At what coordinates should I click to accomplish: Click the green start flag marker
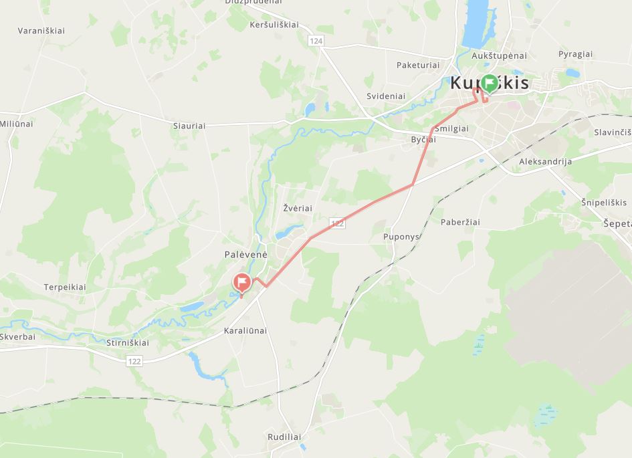coord(490,84)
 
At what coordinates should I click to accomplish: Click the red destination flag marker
coord(241,283)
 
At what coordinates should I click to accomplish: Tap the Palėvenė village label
coord(245,255)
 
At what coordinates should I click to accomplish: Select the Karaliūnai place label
coord(245,330)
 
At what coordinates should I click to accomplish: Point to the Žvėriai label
coord(298,208)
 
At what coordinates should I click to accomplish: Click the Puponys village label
coord(401,237)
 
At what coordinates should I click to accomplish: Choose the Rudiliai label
coord(284,437)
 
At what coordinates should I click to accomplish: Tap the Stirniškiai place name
coord(128,343)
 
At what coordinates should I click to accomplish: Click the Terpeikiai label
coord(65,287)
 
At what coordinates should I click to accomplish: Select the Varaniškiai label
coord(41,31)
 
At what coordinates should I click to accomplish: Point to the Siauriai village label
coord(189,125)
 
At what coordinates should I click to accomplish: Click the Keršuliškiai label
coord(274,25)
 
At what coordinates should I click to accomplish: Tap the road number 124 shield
coord(316,41)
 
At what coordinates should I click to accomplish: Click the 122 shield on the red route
coord(338,223)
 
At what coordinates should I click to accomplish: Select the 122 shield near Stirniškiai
coord(134,361)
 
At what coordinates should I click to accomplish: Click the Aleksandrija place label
coord(545,162)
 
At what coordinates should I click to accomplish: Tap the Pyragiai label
coord(575,54)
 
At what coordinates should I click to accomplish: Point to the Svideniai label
coord(386,96)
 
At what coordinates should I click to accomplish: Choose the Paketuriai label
coord(418,65)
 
